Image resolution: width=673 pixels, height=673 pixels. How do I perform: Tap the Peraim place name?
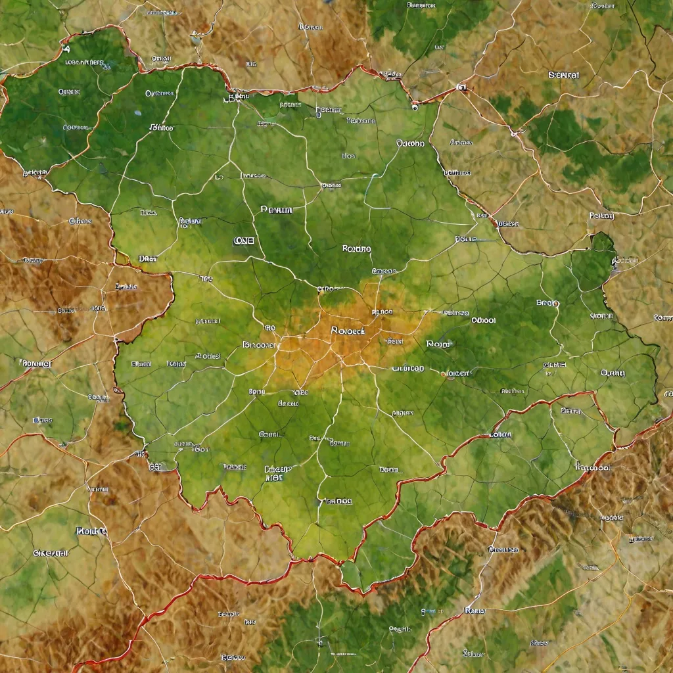pyautogui.click(x=277, y=210)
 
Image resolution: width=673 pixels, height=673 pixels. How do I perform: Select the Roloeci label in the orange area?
pyautogui.click(x=348, y=331)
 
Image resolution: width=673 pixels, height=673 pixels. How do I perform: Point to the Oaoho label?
pyautogui.click(x=410, y=143)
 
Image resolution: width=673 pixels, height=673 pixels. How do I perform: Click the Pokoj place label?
pyautogui.click(x=601, y=216)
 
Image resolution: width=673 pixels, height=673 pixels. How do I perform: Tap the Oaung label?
pyautogui.click(x=613, y=373)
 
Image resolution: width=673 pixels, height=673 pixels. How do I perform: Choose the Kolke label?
pyautogui.click(x=91, y=530)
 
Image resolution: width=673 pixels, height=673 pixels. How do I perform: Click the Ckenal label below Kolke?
pyautogui.click(x=51, y=553)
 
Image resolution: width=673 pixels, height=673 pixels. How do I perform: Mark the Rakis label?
pyautogui.click(x=474, y=611)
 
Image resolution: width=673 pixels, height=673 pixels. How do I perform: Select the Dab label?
pyautogui.click(x=147, y=259)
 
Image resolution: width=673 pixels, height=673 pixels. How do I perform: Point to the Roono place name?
pyautogui.click(x=356, y=249)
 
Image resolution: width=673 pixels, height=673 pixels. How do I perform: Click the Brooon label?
pyautogui.click(x=259, y=344)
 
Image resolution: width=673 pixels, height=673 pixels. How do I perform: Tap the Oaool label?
pyautogui.click(x=483, y=321)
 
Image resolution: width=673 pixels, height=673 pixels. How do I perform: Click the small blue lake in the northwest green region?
pyautogui.click(x=136, y=113)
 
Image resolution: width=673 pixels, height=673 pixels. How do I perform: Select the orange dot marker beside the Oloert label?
pyautogui.click(x=445, y=374)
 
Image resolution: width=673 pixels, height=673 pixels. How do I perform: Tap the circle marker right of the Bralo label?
pyautogui.click(x=557, y=304)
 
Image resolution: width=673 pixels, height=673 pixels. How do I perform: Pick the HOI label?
pyautogui.click(x=274, y=479)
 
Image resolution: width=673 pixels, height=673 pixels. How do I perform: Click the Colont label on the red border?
pyautogui.click(x=501, y=434)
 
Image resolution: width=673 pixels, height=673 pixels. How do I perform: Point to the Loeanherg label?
pyautogui.click(x=85, y=63)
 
